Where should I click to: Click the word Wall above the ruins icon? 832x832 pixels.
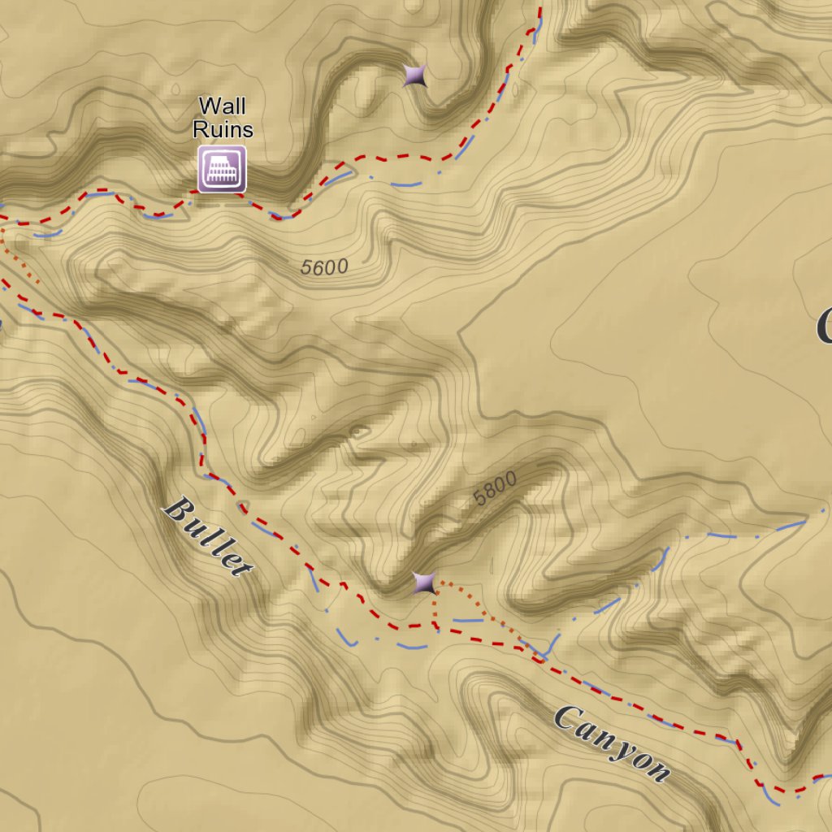(x=222, y=106)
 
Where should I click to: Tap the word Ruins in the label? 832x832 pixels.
(x=222, y=129)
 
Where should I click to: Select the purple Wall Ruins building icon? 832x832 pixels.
(x=222, y=169)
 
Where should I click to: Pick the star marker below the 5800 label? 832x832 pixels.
(x=423, y=583)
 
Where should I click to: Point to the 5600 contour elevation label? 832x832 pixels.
(x=323, y=266)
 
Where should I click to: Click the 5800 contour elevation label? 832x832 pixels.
(x=494, y=489)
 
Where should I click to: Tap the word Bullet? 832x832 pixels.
(x=208, y=537)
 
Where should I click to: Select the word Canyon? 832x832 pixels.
(x=613, y=743)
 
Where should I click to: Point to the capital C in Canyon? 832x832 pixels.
(x=568, y=717)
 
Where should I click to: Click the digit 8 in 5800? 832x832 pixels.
(x=488, y=492)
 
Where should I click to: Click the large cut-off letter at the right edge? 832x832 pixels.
(x=824, y=326)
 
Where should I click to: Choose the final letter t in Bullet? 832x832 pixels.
(x=240, y=566)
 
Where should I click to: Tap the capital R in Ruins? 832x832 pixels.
(x=199, y=129)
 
